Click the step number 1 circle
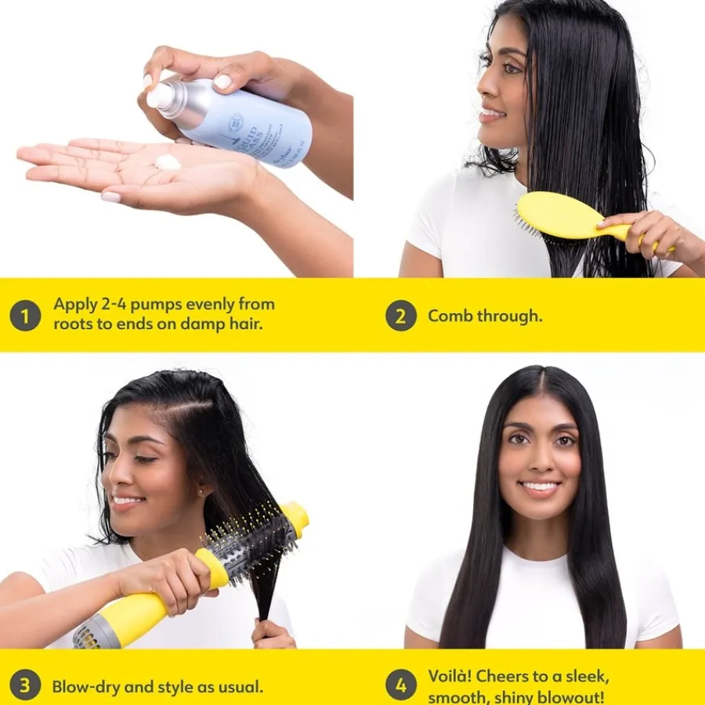click(x=25, y=316)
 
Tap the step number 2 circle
click(x=400, y=316)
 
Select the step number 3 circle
click(x=25, y=686)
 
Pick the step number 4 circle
click(x=400, y=686)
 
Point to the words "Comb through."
click(x=484, y=316)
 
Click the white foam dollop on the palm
click(x=168, y=162)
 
